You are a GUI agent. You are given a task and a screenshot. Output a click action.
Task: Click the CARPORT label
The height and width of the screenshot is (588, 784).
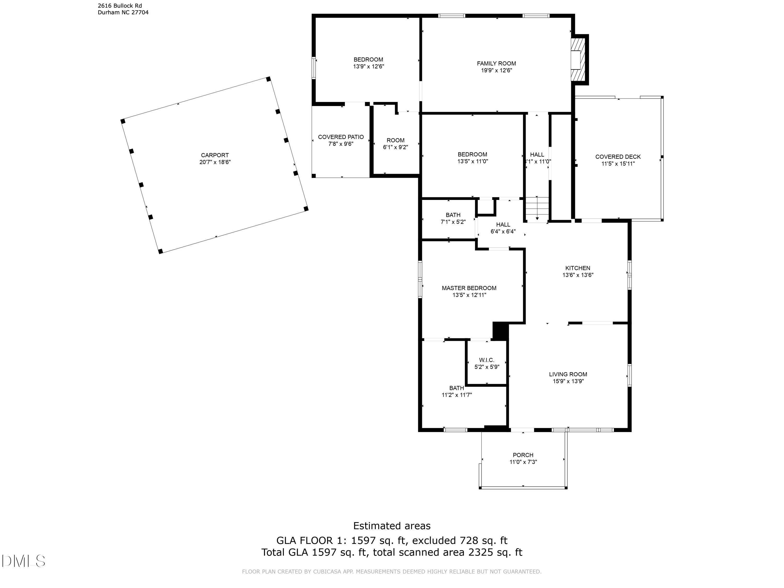[215, 155]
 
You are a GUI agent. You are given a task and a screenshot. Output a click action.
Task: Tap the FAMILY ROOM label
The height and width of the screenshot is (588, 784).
[496, 64]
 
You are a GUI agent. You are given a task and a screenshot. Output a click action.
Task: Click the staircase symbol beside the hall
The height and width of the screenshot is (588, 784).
[537, 209]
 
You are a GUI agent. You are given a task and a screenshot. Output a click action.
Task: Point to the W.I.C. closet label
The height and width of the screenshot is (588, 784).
[487, 360]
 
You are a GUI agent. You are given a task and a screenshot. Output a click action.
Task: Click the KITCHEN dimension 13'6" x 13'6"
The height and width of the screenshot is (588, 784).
[578, 275]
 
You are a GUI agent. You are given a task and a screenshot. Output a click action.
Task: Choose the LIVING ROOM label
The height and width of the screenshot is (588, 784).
[568, 374]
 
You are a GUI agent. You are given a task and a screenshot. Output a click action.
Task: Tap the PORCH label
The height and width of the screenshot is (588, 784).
[523, 455]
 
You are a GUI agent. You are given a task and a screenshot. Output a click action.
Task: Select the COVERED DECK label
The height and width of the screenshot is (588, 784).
[618, 157]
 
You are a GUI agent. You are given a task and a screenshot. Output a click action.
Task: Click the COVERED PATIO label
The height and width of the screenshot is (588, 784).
[341, 137]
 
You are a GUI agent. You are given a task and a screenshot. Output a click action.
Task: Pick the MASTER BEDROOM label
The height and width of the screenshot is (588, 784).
[469, 288]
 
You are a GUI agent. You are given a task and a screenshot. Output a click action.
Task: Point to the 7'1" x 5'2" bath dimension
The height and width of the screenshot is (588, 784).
[453, 222]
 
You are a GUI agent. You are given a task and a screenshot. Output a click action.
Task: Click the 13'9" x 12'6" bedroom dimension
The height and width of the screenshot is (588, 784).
[368, 66]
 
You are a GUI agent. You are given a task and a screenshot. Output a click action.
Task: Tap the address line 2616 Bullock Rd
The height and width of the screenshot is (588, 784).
[120, 6]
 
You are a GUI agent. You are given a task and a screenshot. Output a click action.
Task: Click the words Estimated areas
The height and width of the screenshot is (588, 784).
[392, 526]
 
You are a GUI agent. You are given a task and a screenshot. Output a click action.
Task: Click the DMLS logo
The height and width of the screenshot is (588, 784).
[24, 561]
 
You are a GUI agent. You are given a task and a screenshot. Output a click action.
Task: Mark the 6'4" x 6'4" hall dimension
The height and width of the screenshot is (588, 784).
[503, 232]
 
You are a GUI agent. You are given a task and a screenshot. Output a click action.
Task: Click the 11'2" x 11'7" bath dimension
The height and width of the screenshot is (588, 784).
[457, 395]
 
